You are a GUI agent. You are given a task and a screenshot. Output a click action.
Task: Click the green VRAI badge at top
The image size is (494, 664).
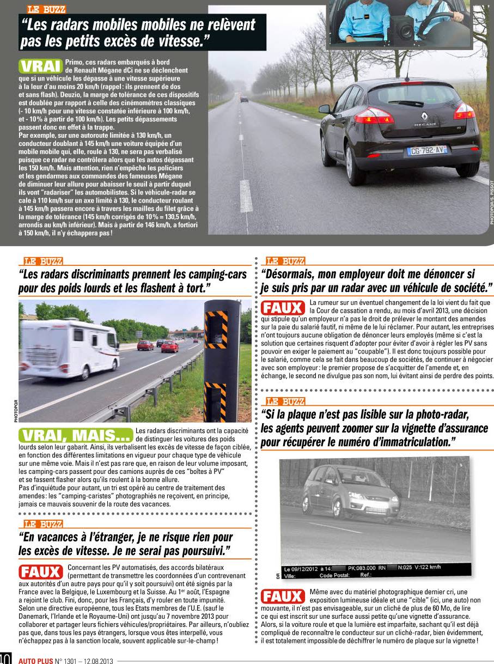(40, 66)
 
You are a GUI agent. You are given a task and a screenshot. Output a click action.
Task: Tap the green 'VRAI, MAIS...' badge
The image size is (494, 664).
(76, 435)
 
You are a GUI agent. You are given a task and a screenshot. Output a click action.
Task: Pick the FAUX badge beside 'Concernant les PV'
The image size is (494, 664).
(41, 572)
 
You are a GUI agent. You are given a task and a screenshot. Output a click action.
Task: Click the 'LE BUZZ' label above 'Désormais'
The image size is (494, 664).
(285, 261)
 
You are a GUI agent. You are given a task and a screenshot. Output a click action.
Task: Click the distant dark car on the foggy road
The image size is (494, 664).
(244, 99)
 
